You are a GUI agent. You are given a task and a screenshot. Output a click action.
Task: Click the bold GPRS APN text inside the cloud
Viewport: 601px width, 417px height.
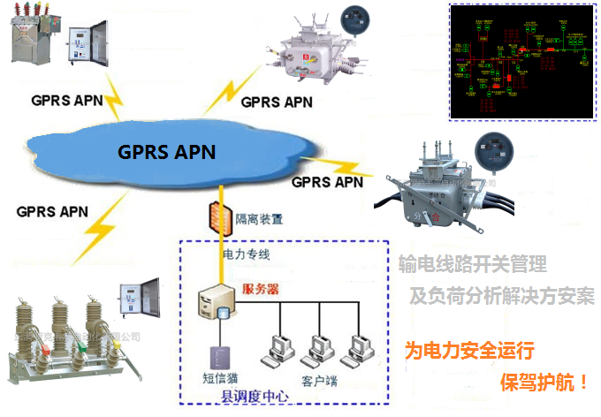pyautogui.click(x=166, y=151)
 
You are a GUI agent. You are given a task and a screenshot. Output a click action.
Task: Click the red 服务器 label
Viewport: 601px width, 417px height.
pyautogui.click(x=262, y=289)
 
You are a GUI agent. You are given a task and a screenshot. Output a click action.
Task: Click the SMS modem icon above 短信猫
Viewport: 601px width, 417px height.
pyautogui.click(x=215, y=357)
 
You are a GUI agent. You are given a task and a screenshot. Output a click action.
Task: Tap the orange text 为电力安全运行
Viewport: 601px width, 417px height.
pyautogui.click(x=469, y=351)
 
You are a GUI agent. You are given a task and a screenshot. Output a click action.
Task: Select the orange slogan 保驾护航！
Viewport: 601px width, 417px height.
pyautogui.click(x=544, y=383)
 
